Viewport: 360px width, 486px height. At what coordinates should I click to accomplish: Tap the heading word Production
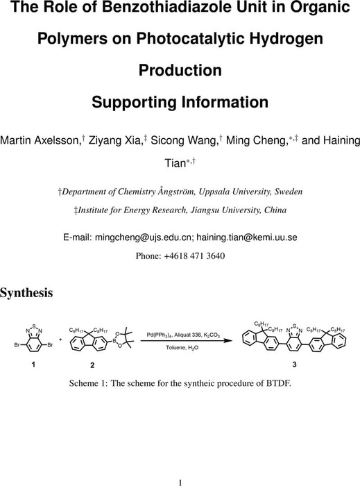[180, 70]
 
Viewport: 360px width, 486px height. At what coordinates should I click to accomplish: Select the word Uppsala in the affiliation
[215, 192]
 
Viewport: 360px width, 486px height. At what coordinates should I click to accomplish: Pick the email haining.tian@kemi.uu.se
[247, 237]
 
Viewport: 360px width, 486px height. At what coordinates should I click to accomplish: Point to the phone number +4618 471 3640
[194, 256]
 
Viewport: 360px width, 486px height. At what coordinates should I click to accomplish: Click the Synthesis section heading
[26, 293]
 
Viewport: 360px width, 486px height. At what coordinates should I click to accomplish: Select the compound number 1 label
[33, 364]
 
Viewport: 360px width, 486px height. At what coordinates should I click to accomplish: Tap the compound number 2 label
[92, 365]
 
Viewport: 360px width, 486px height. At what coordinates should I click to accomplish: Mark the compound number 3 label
[294, 364]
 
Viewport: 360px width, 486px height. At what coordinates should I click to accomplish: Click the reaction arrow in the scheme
[187, 341]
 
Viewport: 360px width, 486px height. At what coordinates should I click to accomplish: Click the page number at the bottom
[180, 483]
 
